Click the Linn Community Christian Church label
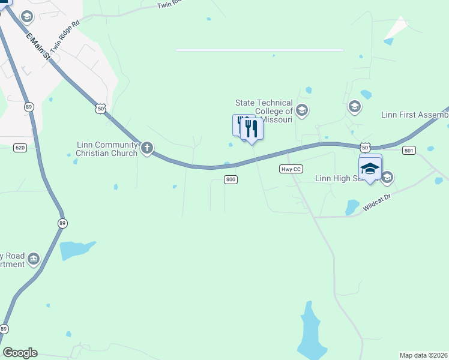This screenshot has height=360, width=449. (x=106, y=148)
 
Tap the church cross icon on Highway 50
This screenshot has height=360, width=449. (x=147, y=148)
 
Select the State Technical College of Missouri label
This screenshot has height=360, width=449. (x=264, y=111)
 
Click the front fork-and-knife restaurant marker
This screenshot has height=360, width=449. (x=252, y=128)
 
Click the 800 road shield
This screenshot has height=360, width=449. (x=231, y=179)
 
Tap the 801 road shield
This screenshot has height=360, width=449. (x=409, y=151)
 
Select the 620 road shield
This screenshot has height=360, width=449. (x=20, y=148)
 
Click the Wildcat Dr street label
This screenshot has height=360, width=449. (x=376, y=203)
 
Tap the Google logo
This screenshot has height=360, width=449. (x=20, y=353)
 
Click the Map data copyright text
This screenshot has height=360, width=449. (x=424, y=355)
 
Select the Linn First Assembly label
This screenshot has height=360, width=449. (x=415, y=115)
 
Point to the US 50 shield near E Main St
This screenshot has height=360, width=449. (x=100, y=108)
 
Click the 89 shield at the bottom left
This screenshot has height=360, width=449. (x=4, y=329)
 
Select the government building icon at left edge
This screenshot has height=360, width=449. (x=34, y=259)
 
